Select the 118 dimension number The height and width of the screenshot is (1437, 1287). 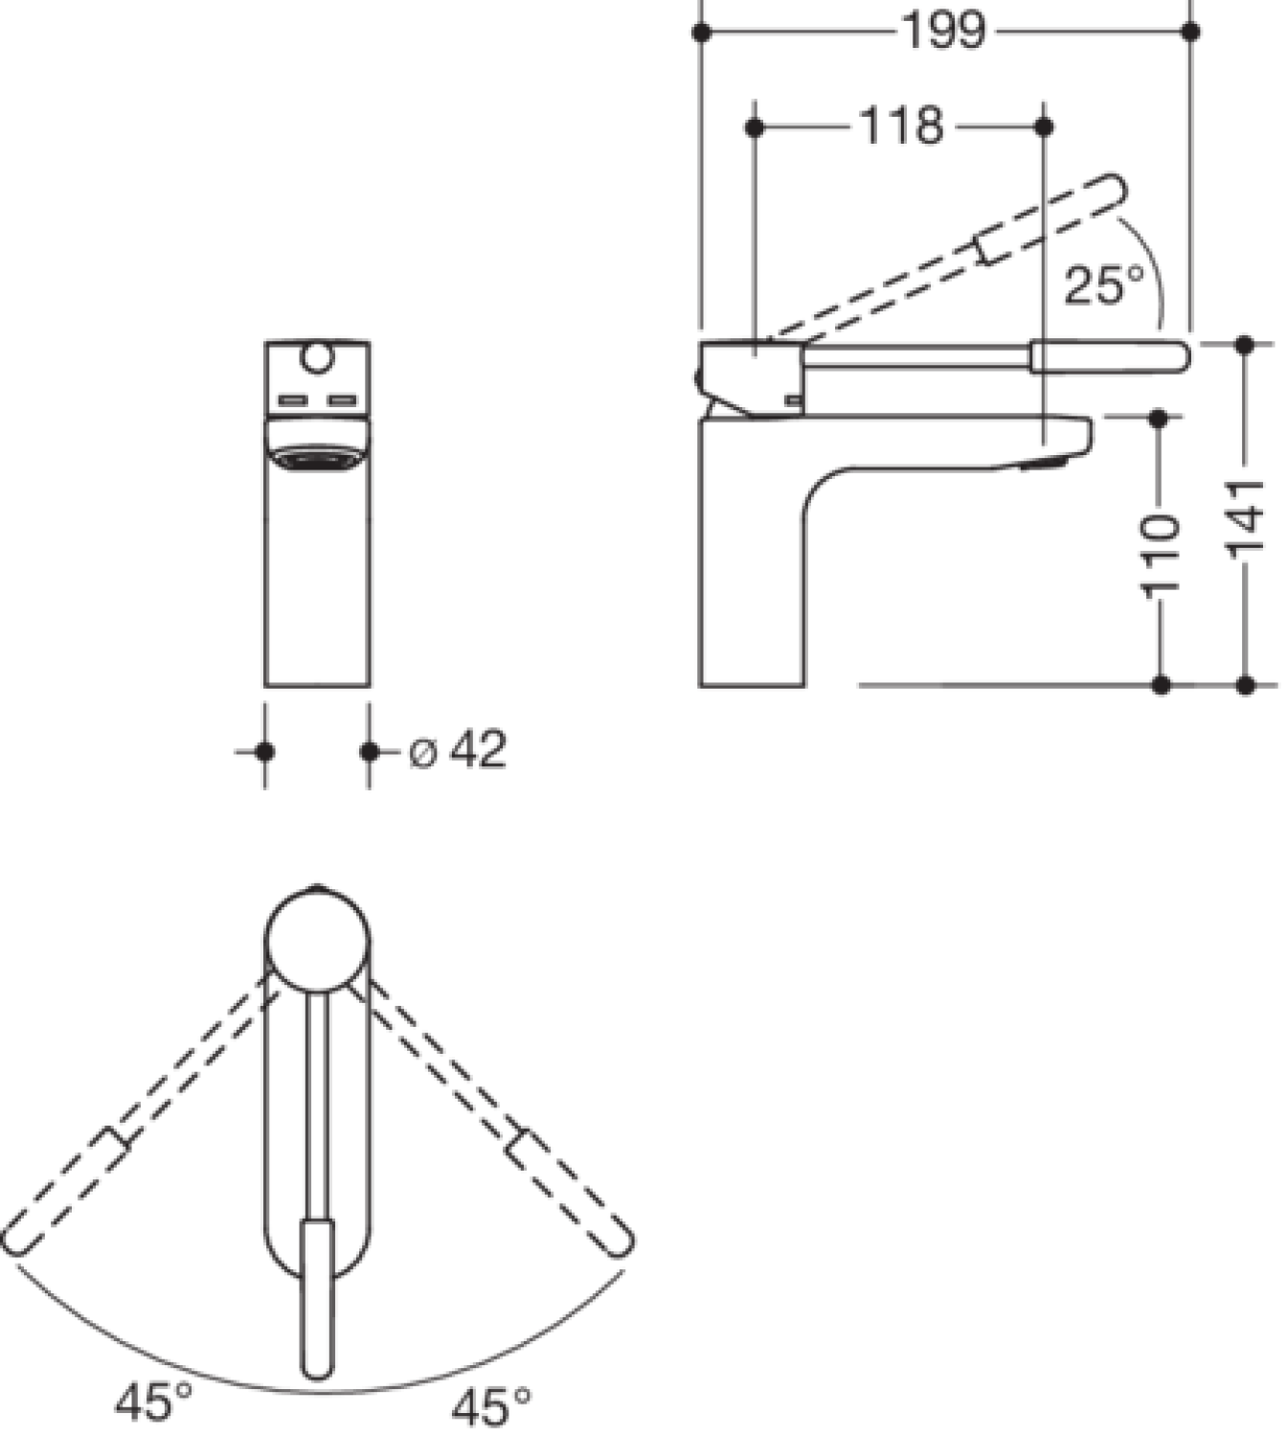pos(901,126)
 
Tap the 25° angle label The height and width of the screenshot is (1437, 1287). pos(1104,285)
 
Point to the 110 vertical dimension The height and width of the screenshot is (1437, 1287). pos(1160,553)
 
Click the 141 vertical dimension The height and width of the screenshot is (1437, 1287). pos(1245,516)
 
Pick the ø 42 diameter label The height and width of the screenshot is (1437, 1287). pos(458,749)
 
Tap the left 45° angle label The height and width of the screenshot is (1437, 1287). pos(153,1402)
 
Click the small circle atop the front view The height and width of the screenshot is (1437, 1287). pos(317,356)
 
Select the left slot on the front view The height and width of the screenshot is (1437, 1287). pos(292,400)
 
